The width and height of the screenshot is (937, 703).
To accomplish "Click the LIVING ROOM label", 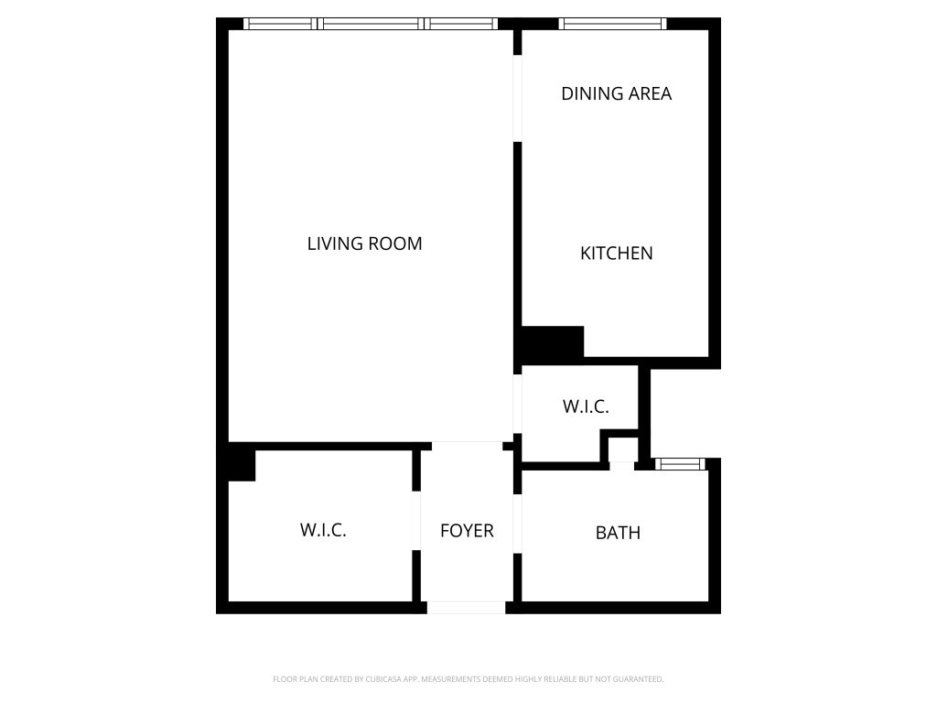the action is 364,243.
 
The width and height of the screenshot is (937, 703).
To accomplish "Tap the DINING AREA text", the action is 616,93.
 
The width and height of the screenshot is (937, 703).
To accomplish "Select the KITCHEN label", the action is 616,253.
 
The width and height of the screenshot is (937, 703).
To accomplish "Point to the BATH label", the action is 618,532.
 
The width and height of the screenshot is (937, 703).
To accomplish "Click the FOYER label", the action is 467,530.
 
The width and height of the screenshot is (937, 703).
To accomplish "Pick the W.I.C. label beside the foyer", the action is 323,530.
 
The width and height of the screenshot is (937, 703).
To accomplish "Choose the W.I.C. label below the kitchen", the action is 586,406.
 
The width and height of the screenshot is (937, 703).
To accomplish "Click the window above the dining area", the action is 612,24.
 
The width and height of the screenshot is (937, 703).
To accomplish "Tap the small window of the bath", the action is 680,464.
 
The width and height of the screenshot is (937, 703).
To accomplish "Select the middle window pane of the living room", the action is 371,24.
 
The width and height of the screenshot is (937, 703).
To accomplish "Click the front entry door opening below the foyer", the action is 466,608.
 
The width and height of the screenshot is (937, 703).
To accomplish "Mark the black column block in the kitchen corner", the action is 553,342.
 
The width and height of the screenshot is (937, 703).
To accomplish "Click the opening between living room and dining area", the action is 518,99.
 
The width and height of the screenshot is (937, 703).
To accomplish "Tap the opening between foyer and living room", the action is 468,446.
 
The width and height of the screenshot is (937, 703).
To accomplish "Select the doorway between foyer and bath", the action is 518,524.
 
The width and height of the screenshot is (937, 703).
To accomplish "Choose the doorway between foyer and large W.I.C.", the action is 416,521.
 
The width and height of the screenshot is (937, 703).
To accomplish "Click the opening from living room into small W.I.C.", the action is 518,404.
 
